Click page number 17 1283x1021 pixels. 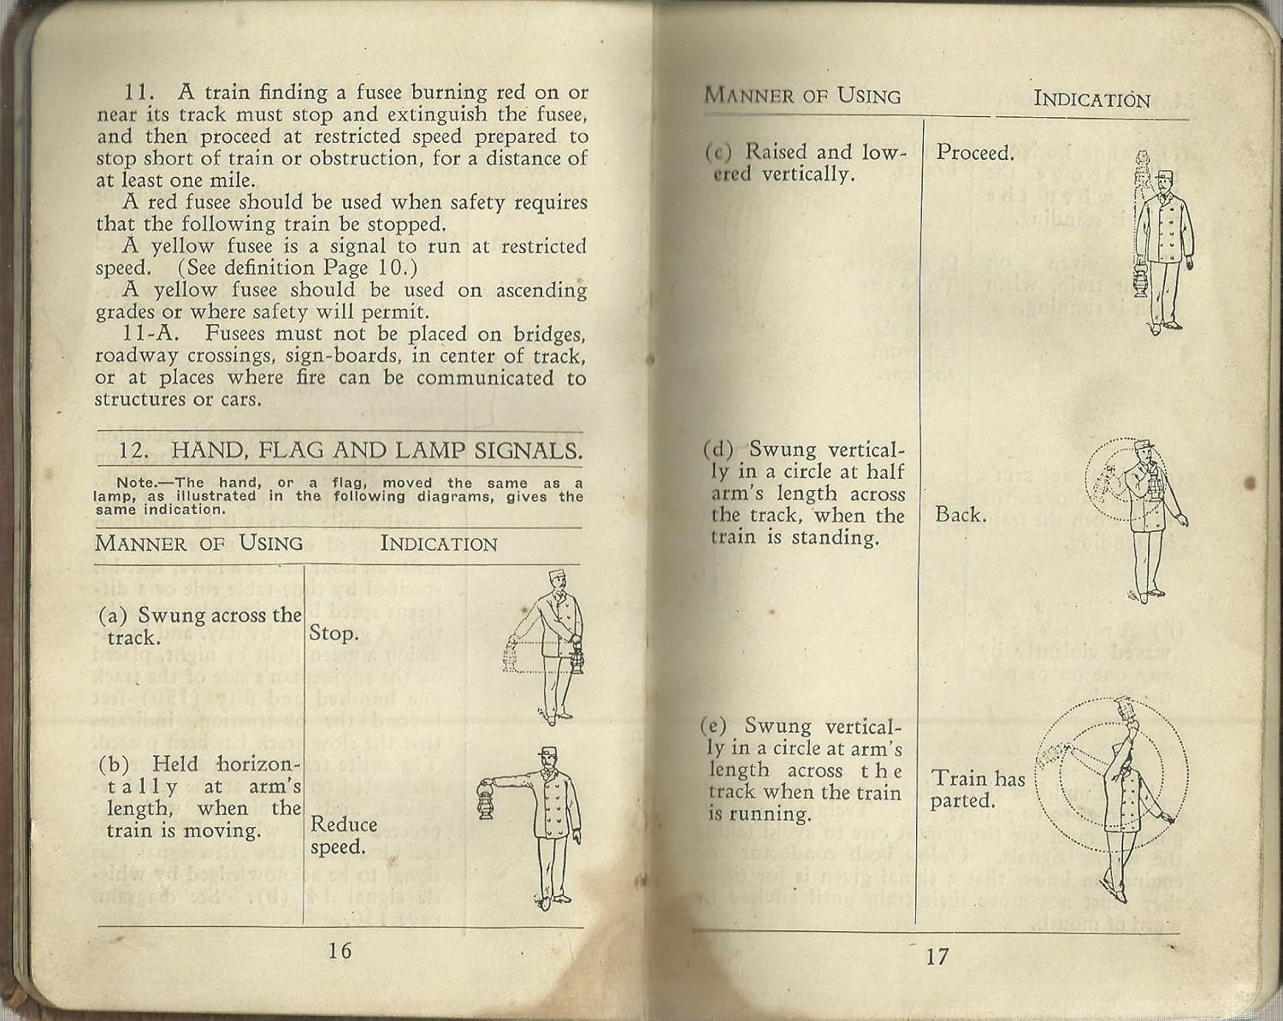point(937,955)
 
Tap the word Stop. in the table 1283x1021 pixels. point(333,634)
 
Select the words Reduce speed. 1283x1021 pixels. point(344,835)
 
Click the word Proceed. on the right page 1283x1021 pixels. point(974,153)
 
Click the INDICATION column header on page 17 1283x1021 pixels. point(1091,99)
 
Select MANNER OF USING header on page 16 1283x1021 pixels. point(198,543)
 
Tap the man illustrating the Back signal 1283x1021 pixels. point(1146,522)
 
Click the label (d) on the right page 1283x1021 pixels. point(717,450)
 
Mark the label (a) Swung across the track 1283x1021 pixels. point(199,626)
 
